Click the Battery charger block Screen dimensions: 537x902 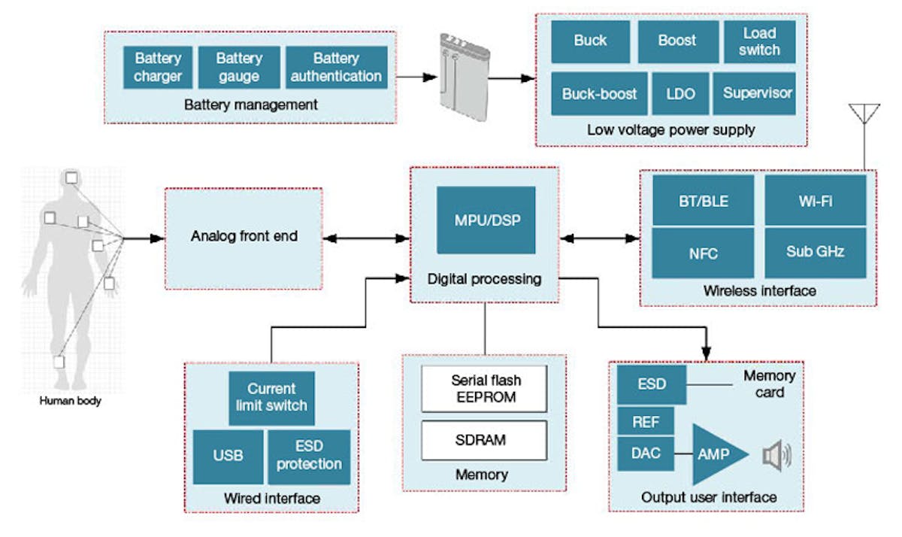click(158, 68)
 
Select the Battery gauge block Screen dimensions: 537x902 click(238, 68)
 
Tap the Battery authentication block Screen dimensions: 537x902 click(336, 68)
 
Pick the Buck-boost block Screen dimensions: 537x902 click(598, 94)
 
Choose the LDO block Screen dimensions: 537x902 click(681, 94)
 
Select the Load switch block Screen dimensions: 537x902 click(759, 41)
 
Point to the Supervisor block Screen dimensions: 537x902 click(757, 94)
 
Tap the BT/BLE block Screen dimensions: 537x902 click(702, 201)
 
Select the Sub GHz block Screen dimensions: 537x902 click(815, 252)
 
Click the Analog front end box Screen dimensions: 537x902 click(244, 236)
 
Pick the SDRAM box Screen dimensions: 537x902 click(483, 440)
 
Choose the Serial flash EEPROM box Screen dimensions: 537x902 click(483, 389)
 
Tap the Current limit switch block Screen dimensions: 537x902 click(271, 397)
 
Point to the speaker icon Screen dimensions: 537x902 click(775, 455)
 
